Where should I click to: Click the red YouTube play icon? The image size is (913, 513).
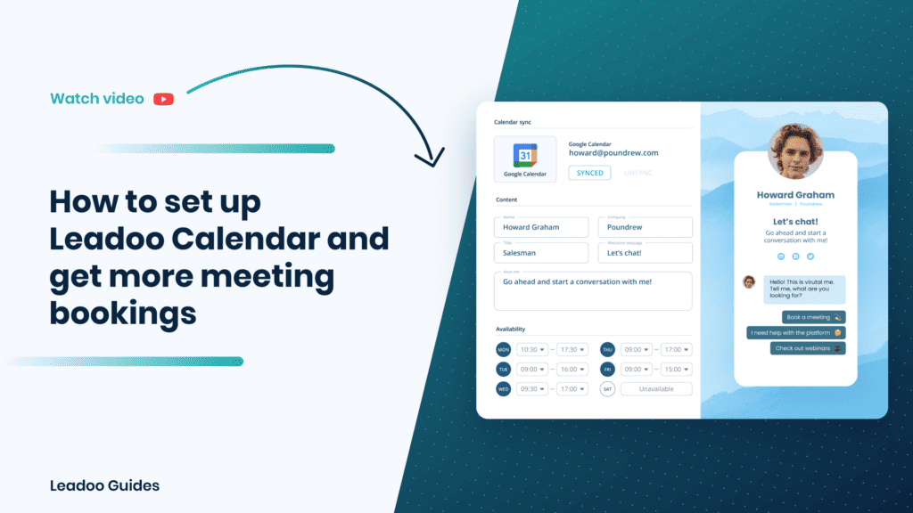coord(163,99)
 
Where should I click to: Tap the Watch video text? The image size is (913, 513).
coord(97,99)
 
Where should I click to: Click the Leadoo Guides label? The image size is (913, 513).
coord(105,485)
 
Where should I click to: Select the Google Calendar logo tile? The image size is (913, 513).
coord(525,159)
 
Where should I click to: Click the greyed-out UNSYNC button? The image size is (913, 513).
coord(637,173)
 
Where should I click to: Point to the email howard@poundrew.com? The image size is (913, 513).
coord(613,153)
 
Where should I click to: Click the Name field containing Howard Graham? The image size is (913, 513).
coord(541,227)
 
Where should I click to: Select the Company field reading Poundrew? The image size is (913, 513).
coord(645,227)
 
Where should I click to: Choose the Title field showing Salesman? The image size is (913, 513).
coord(541,253)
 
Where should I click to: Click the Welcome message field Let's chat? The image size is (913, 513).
coord(645,253)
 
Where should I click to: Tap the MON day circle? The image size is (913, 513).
coord(504,350)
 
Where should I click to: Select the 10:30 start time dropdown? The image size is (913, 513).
coord(533,350)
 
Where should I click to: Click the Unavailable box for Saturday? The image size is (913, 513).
coord(656,389)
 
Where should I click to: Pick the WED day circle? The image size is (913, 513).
coord(504,389)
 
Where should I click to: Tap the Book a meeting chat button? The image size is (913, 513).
coord(813,317)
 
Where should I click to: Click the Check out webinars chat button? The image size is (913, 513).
coord(808,348)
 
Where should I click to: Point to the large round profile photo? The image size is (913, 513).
coord(795,151)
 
